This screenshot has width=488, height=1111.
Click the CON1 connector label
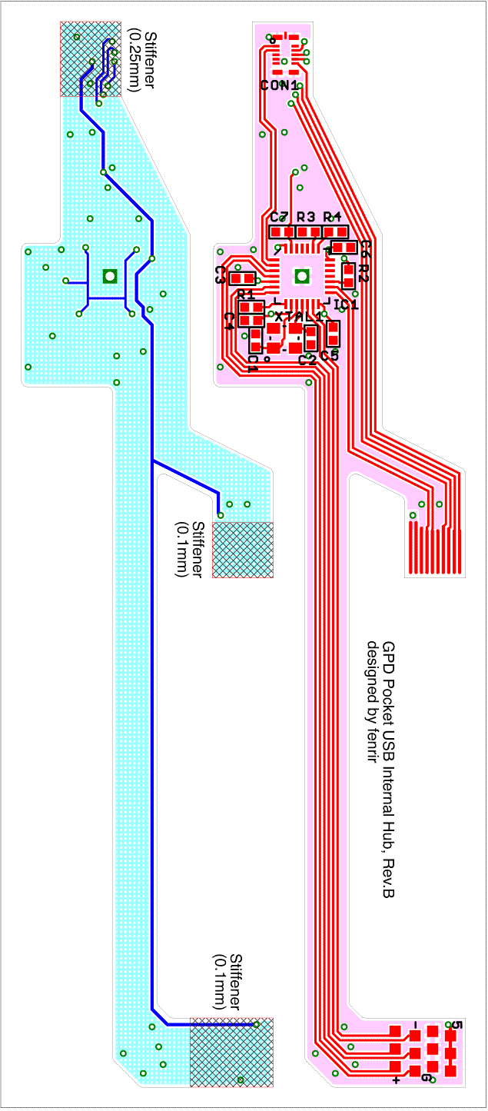(x=278, y=85)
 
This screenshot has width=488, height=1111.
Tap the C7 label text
(x=279, y=216)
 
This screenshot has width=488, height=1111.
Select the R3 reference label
(x=306, y=216)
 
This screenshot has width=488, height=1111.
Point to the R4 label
(x=332, y=216)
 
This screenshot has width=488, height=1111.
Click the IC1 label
(x=345, y=305)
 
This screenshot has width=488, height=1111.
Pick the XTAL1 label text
(x=298, y=317)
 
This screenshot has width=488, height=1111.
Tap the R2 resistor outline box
(x=349, y=274)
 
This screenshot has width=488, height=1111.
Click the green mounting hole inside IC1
(x=302, y=275)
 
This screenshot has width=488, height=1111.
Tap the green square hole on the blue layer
(x=109, y=275)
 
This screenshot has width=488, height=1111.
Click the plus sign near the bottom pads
(x=397, y=1080)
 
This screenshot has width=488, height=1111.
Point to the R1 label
(x=246, y=295)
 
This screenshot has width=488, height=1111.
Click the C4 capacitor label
(x=228, y=321)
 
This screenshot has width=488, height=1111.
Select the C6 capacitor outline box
(x=344, y=247)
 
